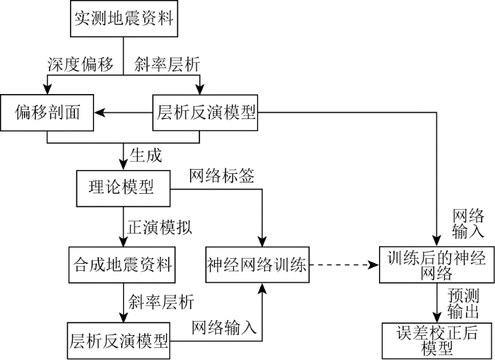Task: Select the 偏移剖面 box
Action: click(47, 112)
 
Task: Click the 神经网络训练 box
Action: click(257, 266)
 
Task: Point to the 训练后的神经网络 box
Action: click(436, 267)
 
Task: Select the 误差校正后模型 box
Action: click(436, 339)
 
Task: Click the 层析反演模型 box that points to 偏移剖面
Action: click(205, 112)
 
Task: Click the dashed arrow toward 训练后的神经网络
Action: click(344, 266)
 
